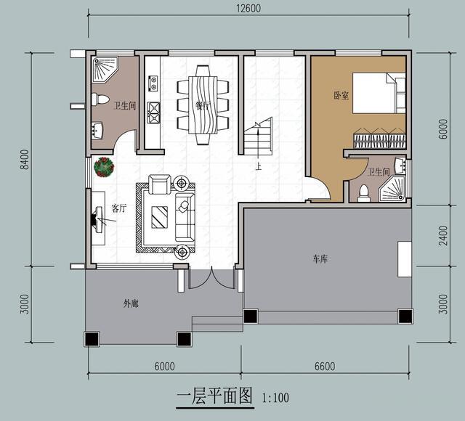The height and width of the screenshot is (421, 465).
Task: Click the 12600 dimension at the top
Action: [248, 9]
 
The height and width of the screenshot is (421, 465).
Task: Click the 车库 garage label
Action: [320, 259]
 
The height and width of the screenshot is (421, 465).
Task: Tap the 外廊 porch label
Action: [131, 303]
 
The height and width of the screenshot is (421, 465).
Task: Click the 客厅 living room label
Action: [118, 208]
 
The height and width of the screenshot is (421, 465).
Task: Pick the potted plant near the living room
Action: [104, 168]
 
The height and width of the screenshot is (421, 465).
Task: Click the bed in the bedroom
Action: [379, 93]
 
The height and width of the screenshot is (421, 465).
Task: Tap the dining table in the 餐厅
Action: [203, 105]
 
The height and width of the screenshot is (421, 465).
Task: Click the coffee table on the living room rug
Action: [159, 216]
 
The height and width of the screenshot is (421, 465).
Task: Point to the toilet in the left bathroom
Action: [102, 99]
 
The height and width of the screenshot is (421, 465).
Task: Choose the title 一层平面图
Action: [214, 396]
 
